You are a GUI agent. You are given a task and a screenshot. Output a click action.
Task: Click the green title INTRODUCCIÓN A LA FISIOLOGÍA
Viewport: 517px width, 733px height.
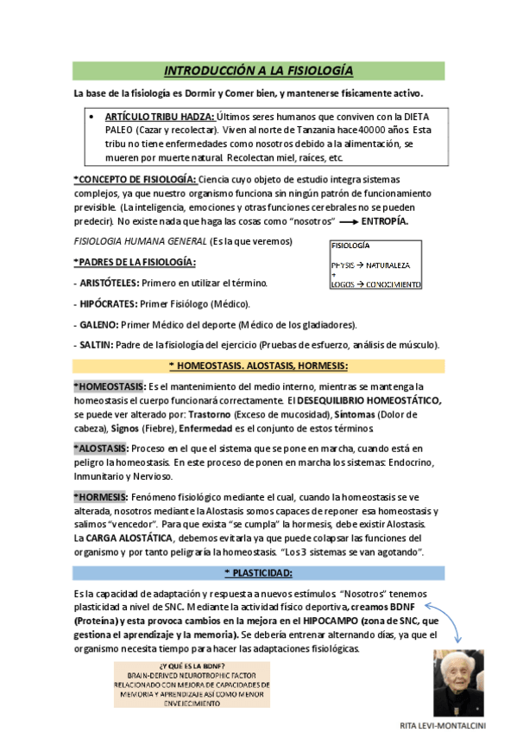point(258,70)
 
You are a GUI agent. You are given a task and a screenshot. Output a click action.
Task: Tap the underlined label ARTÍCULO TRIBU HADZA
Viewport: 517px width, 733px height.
point(159,116)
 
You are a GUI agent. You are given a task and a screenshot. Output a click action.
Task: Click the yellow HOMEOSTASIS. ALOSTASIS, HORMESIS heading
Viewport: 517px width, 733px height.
point(258,366)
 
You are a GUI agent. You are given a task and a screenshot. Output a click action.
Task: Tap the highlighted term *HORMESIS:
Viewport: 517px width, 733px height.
point(100,497)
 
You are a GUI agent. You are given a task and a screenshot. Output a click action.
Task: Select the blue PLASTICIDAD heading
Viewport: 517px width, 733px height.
point(258,572)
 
